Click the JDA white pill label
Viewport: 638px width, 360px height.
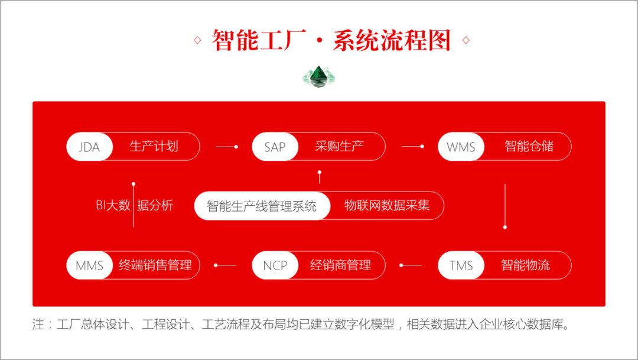(89, 147)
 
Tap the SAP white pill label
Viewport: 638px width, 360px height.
(275, 147)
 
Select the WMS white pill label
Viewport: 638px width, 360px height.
(461, 147)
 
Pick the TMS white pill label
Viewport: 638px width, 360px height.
(461, 265)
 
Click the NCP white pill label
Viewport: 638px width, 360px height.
(275, 265)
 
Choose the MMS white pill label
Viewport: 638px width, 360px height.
(89, 265)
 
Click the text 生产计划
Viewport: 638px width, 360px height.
(154, 147)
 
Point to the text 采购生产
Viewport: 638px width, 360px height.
(339, 147)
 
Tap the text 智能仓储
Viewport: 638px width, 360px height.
(529, 147)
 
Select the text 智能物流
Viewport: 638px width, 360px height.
(525, 265)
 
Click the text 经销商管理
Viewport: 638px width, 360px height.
(340, 265)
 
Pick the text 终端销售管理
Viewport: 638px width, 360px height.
(155, 265)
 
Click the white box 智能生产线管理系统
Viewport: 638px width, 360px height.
(262, 206)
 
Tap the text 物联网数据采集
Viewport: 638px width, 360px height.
(387, 206)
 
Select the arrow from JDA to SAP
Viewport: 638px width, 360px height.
(226, 147)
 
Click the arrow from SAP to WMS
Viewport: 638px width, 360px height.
(412, 147)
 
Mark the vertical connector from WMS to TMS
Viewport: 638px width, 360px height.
(505, 206)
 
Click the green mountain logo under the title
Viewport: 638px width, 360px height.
(319, 76)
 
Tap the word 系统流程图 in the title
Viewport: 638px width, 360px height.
(392, 41)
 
